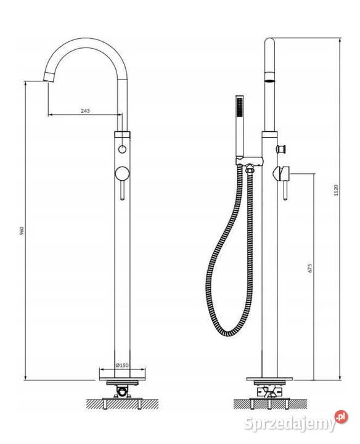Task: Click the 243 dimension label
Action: [x=85, y=111]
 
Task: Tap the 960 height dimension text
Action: [x=22, y=231]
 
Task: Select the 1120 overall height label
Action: [x=336, y=190]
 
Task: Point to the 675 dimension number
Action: [x=310, y=268]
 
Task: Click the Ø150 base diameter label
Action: [x=122, y=365]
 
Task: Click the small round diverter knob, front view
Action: [x=122, y=149]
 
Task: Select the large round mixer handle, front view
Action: [x=122, y=173]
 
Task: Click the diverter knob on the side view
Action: [x=281, y=149]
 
